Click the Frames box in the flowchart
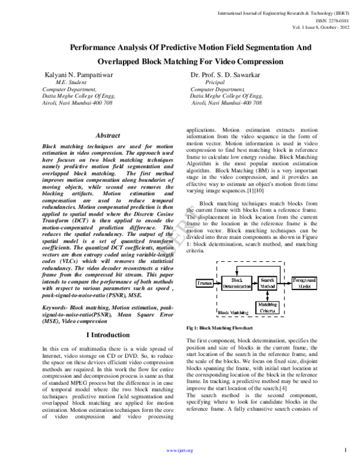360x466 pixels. coord(204,282)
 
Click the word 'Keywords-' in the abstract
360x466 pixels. coord(56,307)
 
